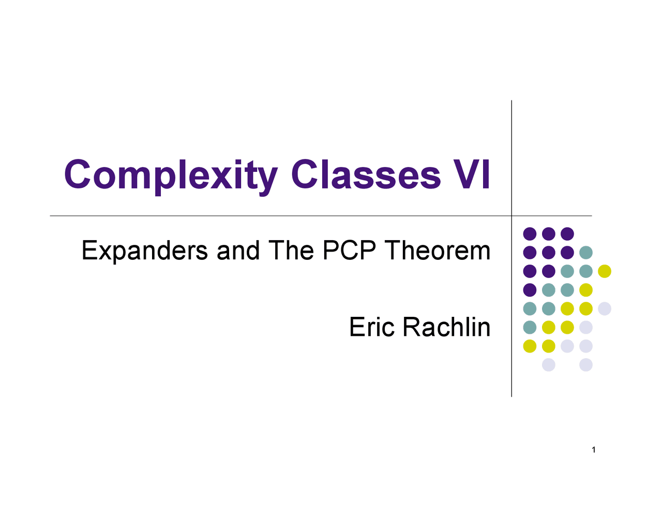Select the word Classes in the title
(366, 174)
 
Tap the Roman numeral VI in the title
(471, 174)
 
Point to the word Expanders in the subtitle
(145, 251)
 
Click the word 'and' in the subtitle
(238, 251)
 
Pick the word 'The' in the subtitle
(291, 251)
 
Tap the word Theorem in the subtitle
(437, 251)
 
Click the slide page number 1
(594, 450)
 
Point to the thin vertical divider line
(511, 155)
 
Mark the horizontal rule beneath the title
(259, 216)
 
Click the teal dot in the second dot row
(586, 253)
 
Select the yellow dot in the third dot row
(605, 271)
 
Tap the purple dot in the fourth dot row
(530, 290)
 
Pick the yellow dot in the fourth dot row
(586, 290)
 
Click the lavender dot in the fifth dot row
(605, 309)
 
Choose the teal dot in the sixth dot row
(530, 327)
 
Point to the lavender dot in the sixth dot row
(586, 327)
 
